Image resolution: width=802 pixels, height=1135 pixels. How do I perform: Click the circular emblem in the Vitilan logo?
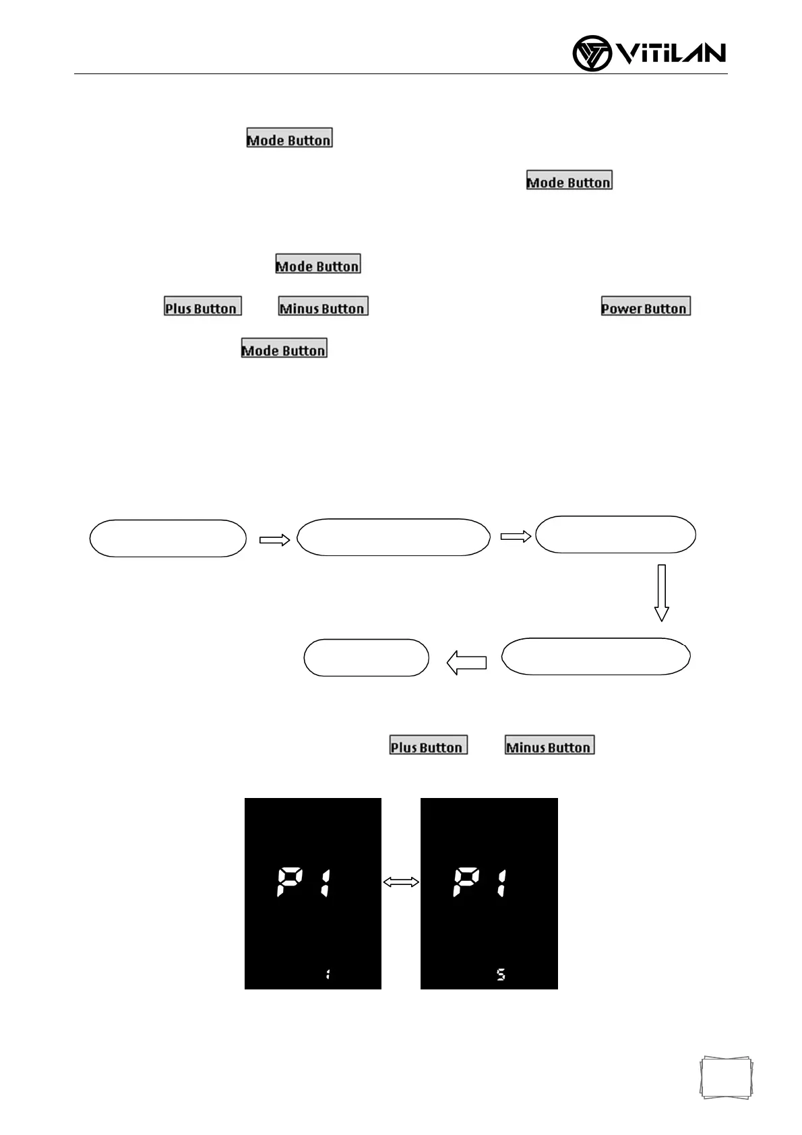(x=592, y=54)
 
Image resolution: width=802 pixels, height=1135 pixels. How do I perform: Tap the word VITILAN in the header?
(x=671, y=54)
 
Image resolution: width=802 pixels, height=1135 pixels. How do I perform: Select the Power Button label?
(x=646, y=307)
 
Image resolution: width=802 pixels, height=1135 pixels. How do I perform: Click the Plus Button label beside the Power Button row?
(x=203, y=307)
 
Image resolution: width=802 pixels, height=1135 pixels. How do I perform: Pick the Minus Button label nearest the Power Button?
(x=323, y=307)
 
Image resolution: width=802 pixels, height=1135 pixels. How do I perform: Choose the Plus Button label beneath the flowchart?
(x=429, y=745)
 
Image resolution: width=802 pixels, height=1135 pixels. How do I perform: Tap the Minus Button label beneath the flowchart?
(x=549, y=745)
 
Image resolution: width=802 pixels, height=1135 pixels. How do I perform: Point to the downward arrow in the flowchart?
(x=661, y=592)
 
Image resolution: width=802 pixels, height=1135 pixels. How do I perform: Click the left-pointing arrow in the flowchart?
(x=466, y=662)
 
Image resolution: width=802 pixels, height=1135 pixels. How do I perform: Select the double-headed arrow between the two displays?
(x=401, y=882)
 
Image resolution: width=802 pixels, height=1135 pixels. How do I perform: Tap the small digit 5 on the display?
(x=501, y=974)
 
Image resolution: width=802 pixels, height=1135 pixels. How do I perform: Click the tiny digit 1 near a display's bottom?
(x=328, y=974)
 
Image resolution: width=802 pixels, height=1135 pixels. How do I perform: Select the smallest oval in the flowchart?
(x=366, y=658)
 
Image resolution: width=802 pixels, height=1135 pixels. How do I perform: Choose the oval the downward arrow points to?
(x=596, y=656)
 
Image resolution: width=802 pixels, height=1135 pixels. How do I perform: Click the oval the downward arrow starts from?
(x=615, y=535)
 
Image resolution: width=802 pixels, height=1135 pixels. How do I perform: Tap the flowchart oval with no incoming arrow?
(x=168, y=539)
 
